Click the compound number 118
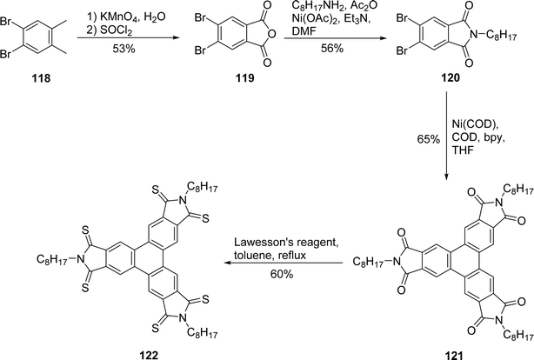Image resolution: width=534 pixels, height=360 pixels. coord(41,78)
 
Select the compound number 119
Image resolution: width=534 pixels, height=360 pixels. coord(245,78)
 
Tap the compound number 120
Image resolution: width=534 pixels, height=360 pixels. coord(451,78)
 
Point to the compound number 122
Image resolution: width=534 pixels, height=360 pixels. coord(149,356)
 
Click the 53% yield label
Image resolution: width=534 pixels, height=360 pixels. coord(123,49)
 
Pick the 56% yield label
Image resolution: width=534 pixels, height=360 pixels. coord(332,49)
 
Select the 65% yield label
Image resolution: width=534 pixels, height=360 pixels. coord(429,139)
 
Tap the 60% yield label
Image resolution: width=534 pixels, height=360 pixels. coord(282,274)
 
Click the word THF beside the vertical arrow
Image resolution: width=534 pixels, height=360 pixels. coord(463,150)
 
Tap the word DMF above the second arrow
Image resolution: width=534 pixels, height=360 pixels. coord(304,31)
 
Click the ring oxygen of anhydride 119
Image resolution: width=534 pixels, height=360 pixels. coord(271,34)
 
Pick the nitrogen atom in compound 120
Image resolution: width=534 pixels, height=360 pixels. coord(472,34)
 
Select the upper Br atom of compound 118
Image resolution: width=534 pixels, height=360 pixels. coord(6,22)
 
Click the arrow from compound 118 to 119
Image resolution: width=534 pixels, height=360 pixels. coord(128,38)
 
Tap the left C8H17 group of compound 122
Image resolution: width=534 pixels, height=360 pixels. coord(52,260)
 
